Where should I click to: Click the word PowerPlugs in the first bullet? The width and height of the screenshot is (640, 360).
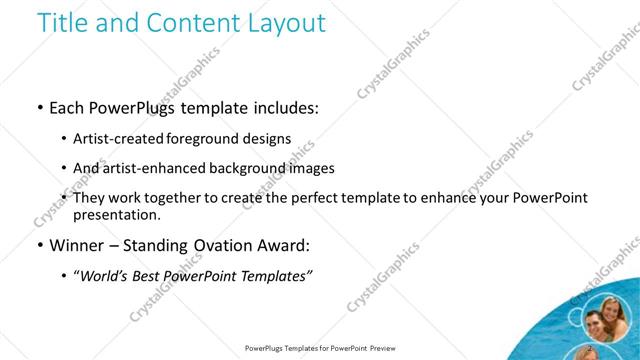coord(132,108)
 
